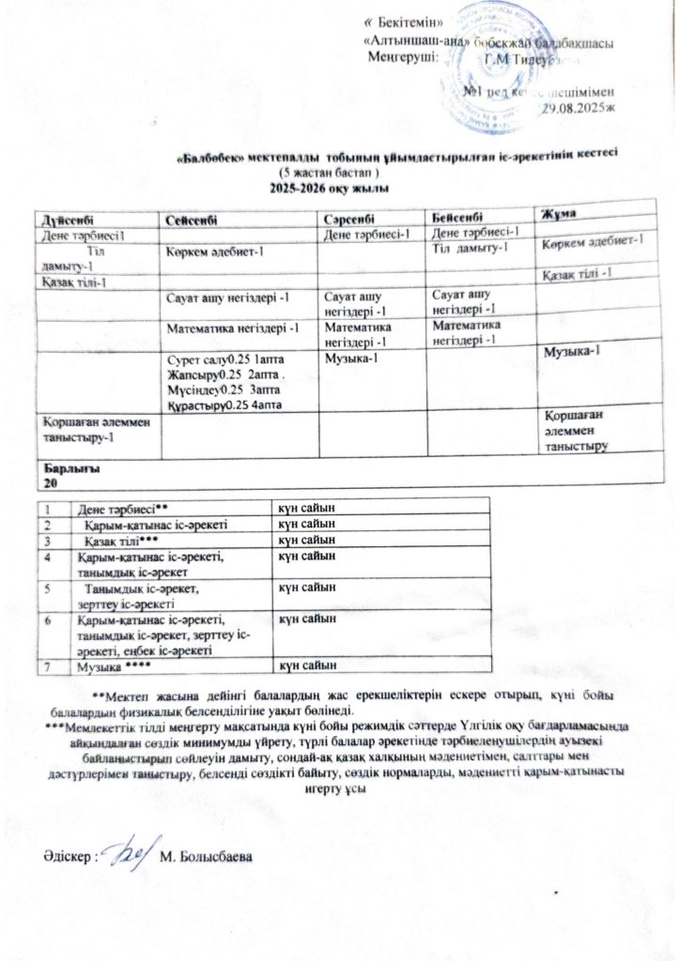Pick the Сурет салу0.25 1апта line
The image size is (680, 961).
coord(220,359)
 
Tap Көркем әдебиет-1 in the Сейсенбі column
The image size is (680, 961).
coord(215,252)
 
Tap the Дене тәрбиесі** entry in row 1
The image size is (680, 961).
coord(123,508)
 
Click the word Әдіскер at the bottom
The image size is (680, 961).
coord(68,858)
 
